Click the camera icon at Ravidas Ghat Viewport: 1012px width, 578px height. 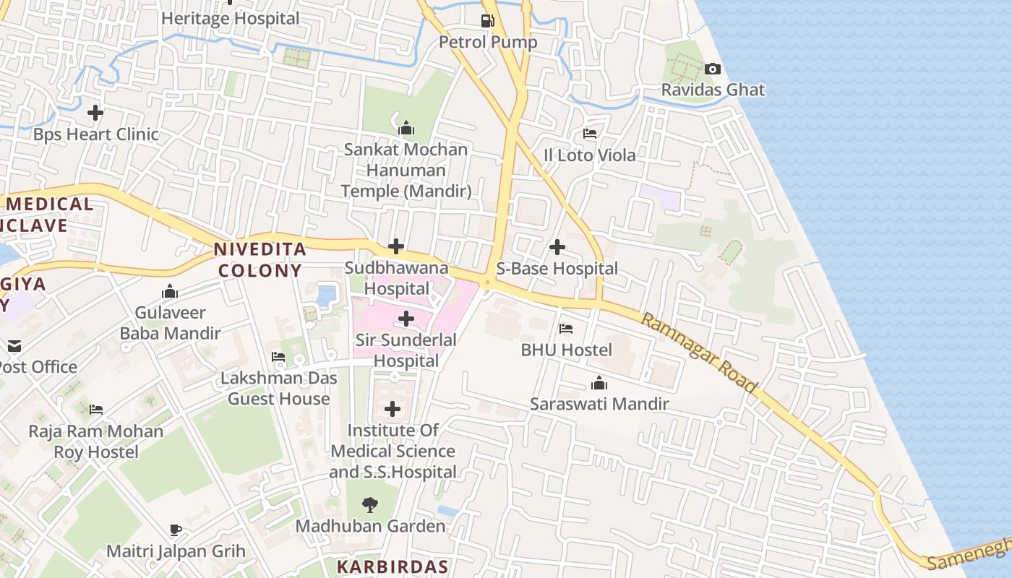click(713, 69)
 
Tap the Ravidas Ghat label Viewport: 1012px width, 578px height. click(713, 90)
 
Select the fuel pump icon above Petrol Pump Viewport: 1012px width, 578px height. click(488, 21)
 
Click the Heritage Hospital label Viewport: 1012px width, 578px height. click(230, 19)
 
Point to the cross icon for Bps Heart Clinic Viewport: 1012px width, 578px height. click(95, 113)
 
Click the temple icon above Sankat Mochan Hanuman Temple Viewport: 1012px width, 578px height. click(406, 129)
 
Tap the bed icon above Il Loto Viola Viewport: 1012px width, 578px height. click(590, 134)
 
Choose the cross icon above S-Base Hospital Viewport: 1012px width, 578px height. click(557, 247)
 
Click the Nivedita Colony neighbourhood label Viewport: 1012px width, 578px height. click(260, 260)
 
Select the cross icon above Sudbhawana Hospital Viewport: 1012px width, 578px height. click(395, 246)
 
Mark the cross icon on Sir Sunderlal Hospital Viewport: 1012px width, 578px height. click(406, 318)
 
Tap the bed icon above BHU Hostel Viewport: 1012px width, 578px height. click(566, 329)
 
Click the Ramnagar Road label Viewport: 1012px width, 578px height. click(699, 353)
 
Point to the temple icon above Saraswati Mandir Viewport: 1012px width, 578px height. click(599, 383)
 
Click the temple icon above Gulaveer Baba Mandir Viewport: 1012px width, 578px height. click(170, 292)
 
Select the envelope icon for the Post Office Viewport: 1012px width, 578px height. click(14, 346)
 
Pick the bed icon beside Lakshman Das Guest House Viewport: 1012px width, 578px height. click(278, 356)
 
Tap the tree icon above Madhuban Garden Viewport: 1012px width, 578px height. click(370, 504)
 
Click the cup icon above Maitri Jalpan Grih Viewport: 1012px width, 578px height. click(176, 530)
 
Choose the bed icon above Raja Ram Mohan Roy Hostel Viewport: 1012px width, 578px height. click(95, 410)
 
